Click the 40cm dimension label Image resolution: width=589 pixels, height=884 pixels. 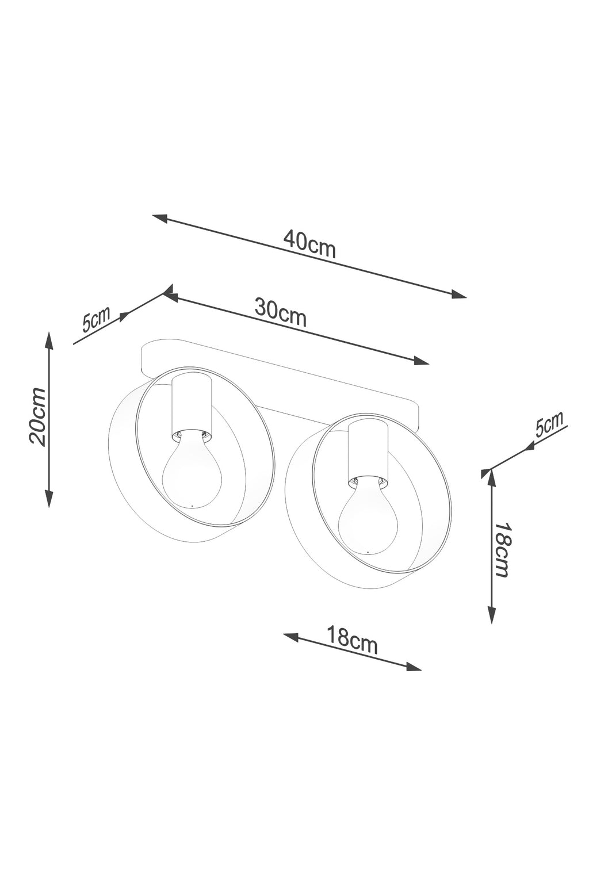[x=309, y=243]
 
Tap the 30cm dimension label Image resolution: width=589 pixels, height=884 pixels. [x=281, y=312]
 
